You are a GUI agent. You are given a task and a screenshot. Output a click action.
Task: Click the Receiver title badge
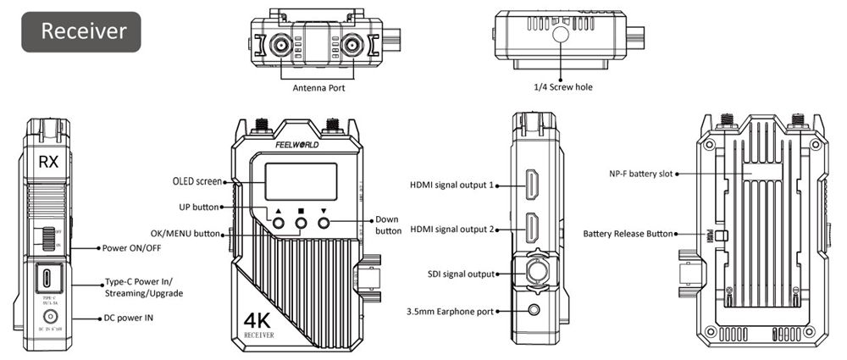click(81, 32)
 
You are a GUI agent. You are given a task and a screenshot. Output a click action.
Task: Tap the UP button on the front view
click(278, 224)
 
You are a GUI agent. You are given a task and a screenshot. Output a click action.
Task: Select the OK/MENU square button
click(301, 224)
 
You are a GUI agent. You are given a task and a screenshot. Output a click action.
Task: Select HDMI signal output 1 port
click(534, 186)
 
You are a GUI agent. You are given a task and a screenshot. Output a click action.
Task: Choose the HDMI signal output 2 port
click(534, 230)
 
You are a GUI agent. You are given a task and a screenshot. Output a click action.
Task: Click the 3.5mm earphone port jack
click(534, 311)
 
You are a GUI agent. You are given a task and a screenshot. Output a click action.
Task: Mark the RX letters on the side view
click(48, 162)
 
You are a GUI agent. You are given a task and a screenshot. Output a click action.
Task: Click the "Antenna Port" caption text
click(318, 88)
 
